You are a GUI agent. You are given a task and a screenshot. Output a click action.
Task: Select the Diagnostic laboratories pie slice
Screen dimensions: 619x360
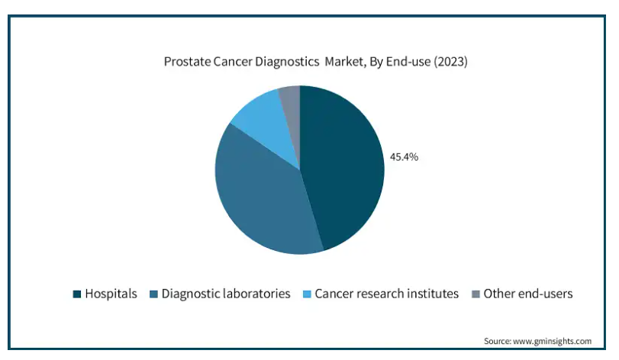tap(260, 197)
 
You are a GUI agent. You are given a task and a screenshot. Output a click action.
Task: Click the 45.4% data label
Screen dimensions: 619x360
tap(404, 157)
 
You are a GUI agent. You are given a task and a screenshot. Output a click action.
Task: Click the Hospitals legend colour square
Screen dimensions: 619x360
tap(77, 294)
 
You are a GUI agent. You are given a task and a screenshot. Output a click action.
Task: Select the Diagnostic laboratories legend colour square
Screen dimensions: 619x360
tap(153, 294)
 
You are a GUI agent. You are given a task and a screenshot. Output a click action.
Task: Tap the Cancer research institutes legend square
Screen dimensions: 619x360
tap(307, 294)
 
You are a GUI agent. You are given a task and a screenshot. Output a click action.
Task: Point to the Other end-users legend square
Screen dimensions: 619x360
tap(476, 294)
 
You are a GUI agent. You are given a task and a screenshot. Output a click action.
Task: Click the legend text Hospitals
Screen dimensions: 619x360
tap(111, 294)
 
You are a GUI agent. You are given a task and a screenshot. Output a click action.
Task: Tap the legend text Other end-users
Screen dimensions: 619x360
tap(528, 294)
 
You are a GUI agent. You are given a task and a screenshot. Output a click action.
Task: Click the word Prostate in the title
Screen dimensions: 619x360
tap(187, 62)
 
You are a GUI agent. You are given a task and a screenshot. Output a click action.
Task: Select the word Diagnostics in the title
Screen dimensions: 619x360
tap(287, 62)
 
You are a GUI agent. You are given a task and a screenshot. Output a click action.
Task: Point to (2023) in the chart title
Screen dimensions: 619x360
tap(450, 62)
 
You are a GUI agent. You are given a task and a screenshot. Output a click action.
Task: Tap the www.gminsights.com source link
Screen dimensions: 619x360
tap(552, 341)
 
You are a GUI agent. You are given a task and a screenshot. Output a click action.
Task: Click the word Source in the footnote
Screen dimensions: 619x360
tap(498, 341)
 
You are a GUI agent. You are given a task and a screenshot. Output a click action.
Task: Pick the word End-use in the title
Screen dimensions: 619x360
tap(408, 62)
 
